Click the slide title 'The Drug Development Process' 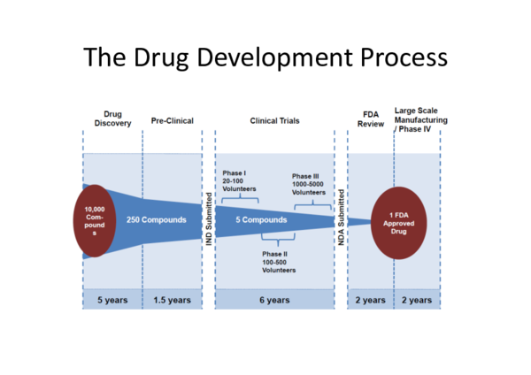(265, 58)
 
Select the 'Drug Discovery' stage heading (112, 119)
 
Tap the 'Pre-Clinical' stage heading (172, 120)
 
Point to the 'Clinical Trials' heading (273, 120)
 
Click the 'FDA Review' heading (371, 119)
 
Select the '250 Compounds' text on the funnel (156, 219)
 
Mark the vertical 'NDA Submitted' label (340, 218)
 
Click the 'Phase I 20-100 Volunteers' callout (238, 180)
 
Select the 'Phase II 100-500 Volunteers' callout (279, 262)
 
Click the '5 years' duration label (112, 300)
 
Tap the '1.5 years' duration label (172, 300)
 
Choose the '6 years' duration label (274, 300)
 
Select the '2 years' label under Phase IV (416, 300)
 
